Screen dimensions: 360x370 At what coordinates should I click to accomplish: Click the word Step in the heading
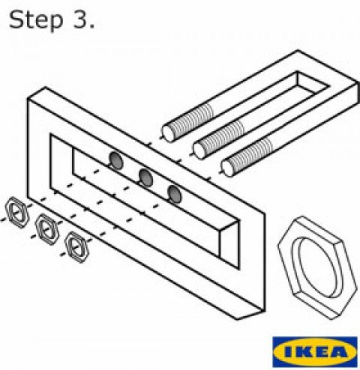pyautogui.click(x=36, y=21)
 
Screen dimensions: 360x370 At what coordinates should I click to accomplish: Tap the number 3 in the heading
pyautogui.click(x=80, y=19)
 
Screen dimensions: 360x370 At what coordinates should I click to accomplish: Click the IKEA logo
pyautogui.click(x=315, y=352)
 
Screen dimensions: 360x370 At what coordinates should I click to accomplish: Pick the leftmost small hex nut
pyautogui.click(x=17, y=213)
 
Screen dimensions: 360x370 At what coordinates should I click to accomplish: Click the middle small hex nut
pyautogui.click(x=46, y=229)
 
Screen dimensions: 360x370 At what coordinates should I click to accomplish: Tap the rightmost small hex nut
pyautogui.click(x=76, y=246)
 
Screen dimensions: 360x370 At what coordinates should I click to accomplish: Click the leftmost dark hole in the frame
pyautogui.click(x=116, y=160)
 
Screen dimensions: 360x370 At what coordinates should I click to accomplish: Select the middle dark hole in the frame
pyautogui.click(x=145, y=178)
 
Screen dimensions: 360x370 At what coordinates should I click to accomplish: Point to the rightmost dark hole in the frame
pyautogui.click(x=175, y=194)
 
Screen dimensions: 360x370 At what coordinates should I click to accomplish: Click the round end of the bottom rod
pyautogui.click(x=227, y=168)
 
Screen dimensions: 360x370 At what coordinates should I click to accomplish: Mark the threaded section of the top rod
pyautogui.click(x=192, y=121)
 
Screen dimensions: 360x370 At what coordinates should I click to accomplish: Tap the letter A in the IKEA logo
pyautogui.click(x=339, y=352)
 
